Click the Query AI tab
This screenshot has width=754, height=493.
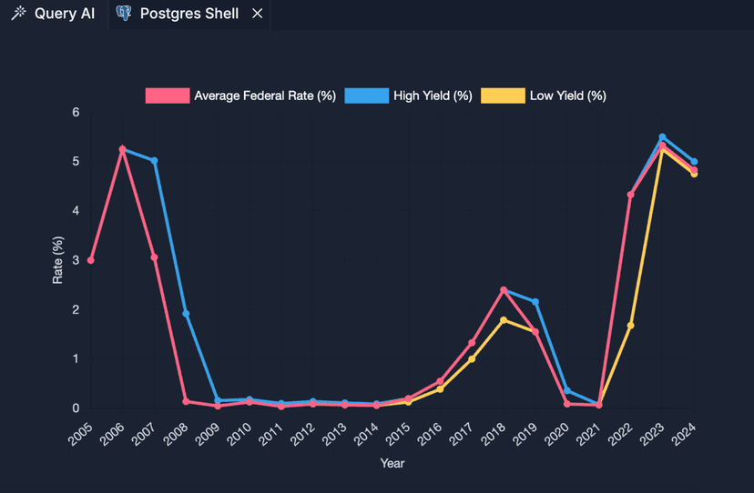tap(54, 14)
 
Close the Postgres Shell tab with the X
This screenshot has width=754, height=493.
tap(258, 14)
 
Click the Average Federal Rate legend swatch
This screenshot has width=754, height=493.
tap(168, 96)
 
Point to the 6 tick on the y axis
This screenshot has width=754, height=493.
tap(76, 113)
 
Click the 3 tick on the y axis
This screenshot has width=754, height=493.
tap(76, 261)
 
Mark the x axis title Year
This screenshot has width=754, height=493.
tap(392, 463)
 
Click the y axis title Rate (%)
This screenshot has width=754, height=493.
tap(57, 260)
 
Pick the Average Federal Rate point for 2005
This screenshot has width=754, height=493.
tap(91, 261)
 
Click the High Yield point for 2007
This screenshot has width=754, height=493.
tap(154, 161)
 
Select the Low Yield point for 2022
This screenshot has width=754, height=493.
tap(630, 326)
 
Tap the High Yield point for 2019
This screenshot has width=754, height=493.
tap(535, 302)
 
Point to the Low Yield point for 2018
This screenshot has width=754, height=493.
tap(504, 320)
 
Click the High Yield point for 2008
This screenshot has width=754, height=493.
tap(186, 314)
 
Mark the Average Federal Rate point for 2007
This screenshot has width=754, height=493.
tap(154, 257)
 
